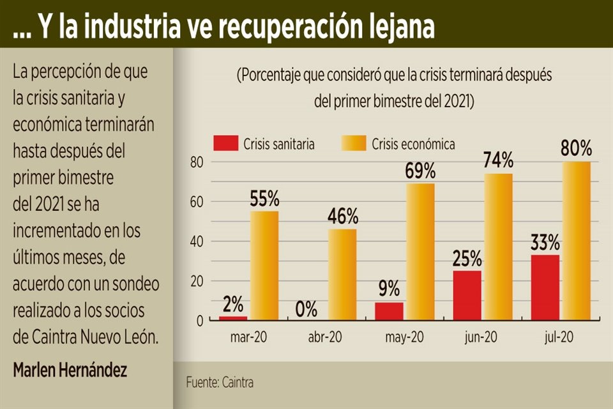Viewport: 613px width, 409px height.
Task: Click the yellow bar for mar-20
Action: pyautogui.click(x=264, y=265)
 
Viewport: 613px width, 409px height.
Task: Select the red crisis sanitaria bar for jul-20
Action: pyautogui.click(x=545, y=287)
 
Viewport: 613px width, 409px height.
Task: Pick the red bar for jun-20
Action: pyautogui.click(x=467, y=295)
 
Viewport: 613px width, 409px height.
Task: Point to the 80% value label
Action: pyautogui.click(x=576, y=149)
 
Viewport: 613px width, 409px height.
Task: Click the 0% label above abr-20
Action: pyautogui.click(x=306, y=309)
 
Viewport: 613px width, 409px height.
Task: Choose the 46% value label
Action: pyautogui.click(x=342, y=217)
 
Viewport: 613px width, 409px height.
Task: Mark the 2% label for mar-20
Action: pyautogui.click(x=232, y=304)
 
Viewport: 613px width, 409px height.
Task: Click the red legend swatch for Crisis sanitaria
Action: pyautogui.click(x=225, y=144)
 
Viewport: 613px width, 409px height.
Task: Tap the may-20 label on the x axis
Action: pyautogui.click(x=404, y=336)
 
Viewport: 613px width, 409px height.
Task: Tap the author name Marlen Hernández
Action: pyautogui.click(x=70, y=370)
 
